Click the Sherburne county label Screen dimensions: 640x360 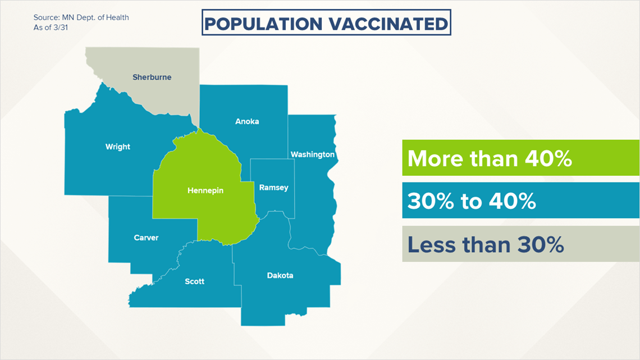point(152,77)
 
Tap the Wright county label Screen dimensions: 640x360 point(117,147)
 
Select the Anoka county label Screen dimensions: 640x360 point(247,121)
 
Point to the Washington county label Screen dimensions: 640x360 point(312,154)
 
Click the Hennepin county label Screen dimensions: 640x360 point(205,190)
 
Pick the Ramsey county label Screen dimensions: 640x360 point(273,188)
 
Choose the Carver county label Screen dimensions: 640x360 point(146,238)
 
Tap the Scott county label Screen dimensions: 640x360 point(194,281)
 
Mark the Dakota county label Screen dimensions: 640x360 point(280,276)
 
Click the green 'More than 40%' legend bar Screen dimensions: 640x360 point(521,158)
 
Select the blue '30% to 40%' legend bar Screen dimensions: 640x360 point(521,200)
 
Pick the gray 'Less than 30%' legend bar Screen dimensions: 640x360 point(521,244)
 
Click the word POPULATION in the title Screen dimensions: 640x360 point(263,24)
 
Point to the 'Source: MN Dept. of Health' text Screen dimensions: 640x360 point(81,17)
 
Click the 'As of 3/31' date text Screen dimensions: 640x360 point(51,28)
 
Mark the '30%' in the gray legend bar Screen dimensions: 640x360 point(541,245)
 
